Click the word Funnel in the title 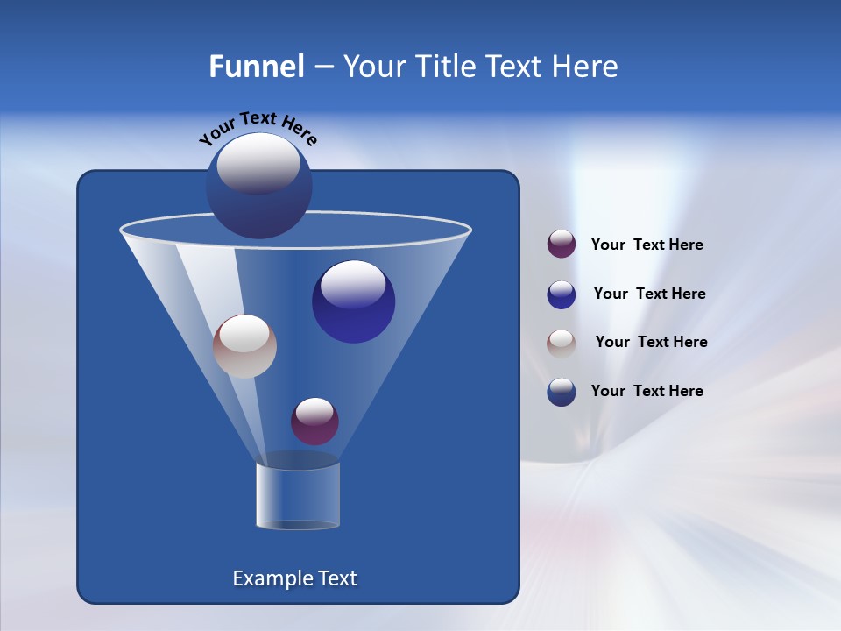coord(256,67)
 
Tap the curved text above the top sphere coord(258,127)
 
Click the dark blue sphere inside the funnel coord(353,301)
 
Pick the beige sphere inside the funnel coord(244,346)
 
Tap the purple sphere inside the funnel coord(314,421)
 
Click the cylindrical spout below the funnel coord(298,496)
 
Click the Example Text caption coord(294,578)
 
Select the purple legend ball coord(562,245)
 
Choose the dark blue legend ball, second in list coord(562,294)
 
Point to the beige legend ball coord(562,343)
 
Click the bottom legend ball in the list coord(562,392)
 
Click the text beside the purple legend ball coord(647,245)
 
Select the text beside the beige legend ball coord(651,343)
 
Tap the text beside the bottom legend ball coord(647,392)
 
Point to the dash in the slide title coord(322,67)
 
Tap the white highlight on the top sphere coord(258,164)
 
